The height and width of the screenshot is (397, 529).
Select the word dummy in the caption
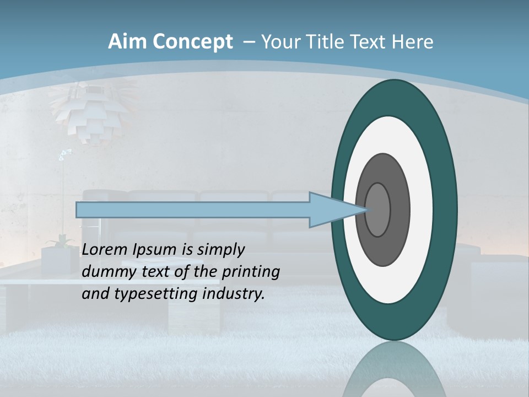(105, 272)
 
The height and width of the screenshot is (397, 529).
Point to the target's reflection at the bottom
(393, 369)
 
